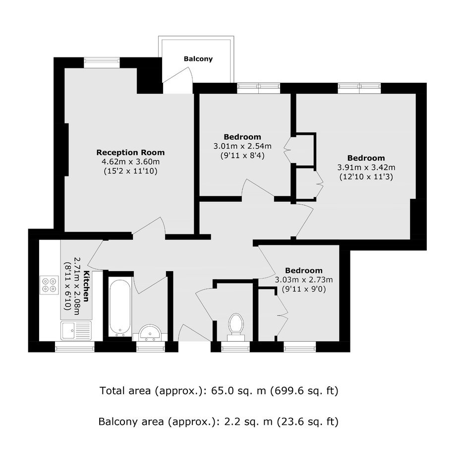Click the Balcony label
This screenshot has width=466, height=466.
pos(198,59)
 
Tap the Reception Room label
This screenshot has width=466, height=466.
pos(130,153)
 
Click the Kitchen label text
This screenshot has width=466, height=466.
pos(86,286)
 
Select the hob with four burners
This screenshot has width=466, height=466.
pos(50,285)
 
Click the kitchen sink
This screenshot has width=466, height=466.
pos(76,330)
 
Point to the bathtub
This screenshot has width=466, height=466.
pos(120,307)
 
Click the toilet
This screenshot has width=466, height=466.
pos(236,326)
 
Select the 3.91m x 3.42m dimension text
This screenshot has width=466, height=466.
pos(366,168)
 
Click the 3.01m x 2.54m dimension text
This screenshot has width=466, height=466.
pos(242,146)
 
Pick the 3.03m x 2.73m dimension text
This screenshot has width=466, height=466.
pos(304,280)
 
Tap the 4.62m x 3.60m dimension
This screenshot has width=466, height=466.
pos(131,162)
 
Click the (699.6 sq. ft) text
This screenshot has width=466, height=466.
pos(304,391)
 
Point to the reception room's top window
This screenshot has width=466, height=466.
pos(102,62)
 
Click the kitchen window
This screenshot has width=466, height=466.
pos(75,347)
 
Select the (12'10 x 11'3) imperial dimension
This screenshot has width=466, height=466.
pos(366,177)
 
